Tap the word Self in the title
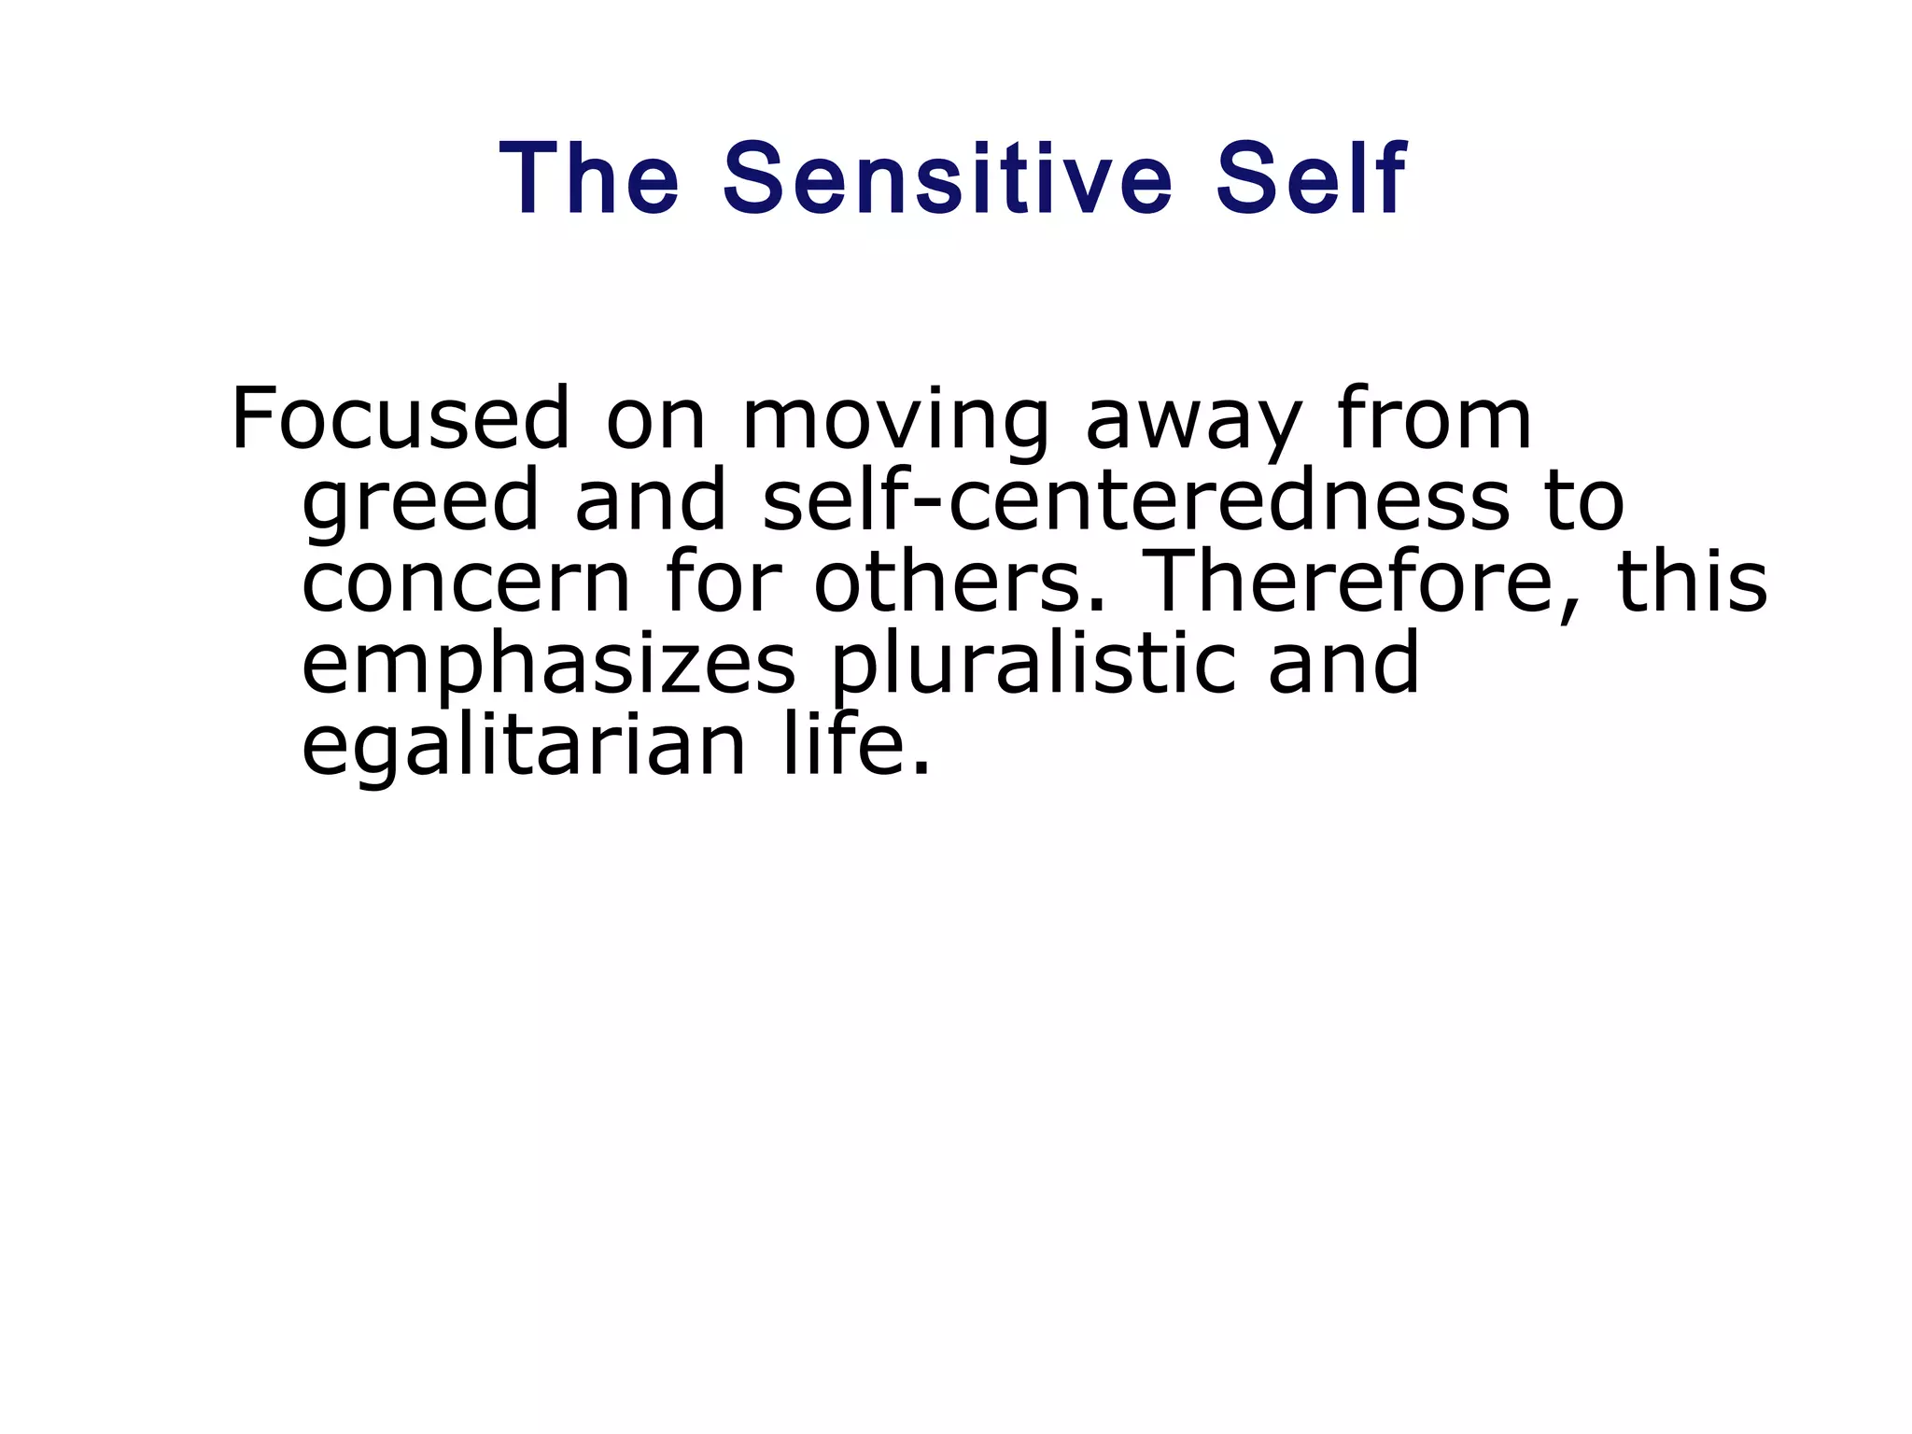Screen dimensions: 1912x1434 [x=1310, y=178]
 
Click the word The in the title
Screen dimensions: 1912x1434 [x=590, y=178]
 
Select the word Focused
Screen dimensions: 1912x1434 [x=400, y=419]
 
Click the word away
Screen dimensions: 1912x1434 [x=1192, y=425]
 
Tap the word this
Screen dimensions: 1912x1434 [x=1692, y=583]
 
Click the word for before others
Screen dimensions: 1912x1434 [x=722, y=583]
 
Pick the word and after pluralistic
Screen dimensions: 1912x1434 [x=1343, y=664]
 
